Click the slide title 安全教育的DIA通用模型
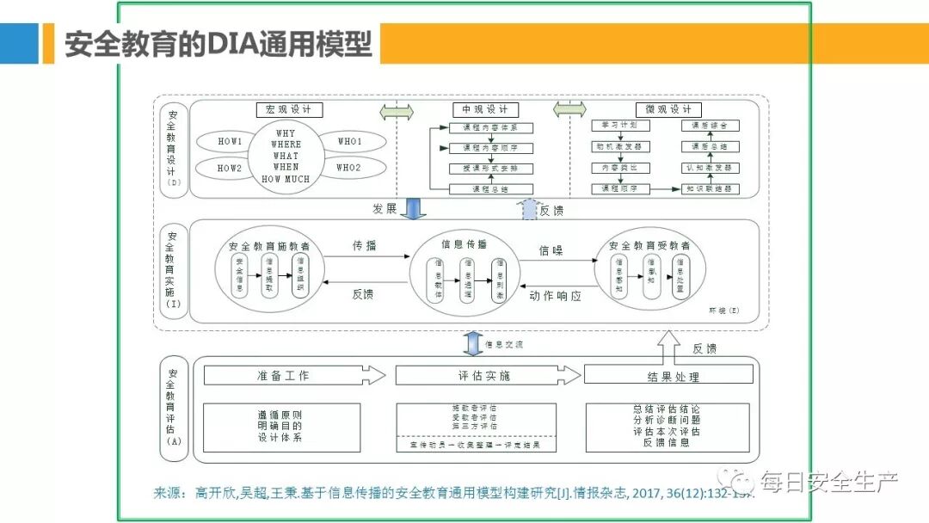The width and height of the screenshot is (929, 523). coord(218,43)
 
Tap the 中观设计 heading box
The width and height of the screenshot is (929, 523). coord(485,110)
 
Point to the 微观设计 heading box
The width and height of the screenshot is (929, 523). coord(668,110)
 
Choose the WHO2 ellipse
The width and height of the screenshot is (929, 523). coord(348,168)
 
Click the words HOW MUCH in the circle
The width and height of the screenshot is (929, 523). coord(286,179)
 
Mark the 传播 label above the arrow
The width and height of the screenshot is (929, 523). coord(365,245)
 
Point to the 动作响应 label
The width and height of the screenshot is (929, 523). coord(556,296)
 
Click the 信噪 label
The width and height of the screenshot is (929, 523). coord(551,251)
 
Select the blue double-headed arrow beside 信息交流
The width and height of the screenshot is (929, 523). coord(471,343)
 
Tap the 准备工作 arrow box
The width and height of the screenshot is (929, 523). coord(292,376)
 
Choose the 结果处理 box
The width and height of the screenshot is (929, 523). coord(668,375)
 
